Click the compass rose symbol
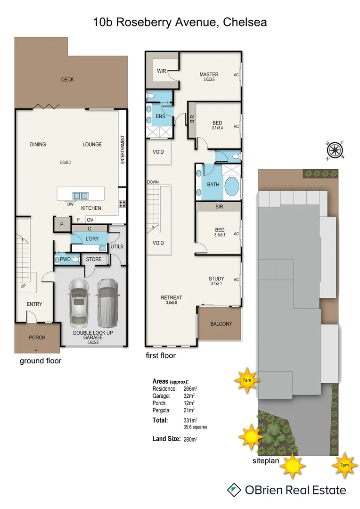tap(335, 150)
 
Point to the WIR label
tap(161, 72)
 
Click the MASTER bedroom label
tap(209, 74)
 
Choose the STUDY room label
tap(216, 279)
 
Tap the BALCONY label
tap(221, 324)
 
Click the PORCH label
tap(37, 337)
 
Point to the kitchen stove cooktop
tap(122, 204)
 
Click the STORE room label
tap(94, 259)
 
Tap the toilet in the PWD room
tap(58, 259)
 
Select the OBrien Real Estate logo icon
tap(233, 490)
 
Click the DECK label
tap(67, 80)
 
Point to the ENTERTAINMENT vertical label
tap(122, 149)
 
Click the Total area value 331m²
tap(190, 420)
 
